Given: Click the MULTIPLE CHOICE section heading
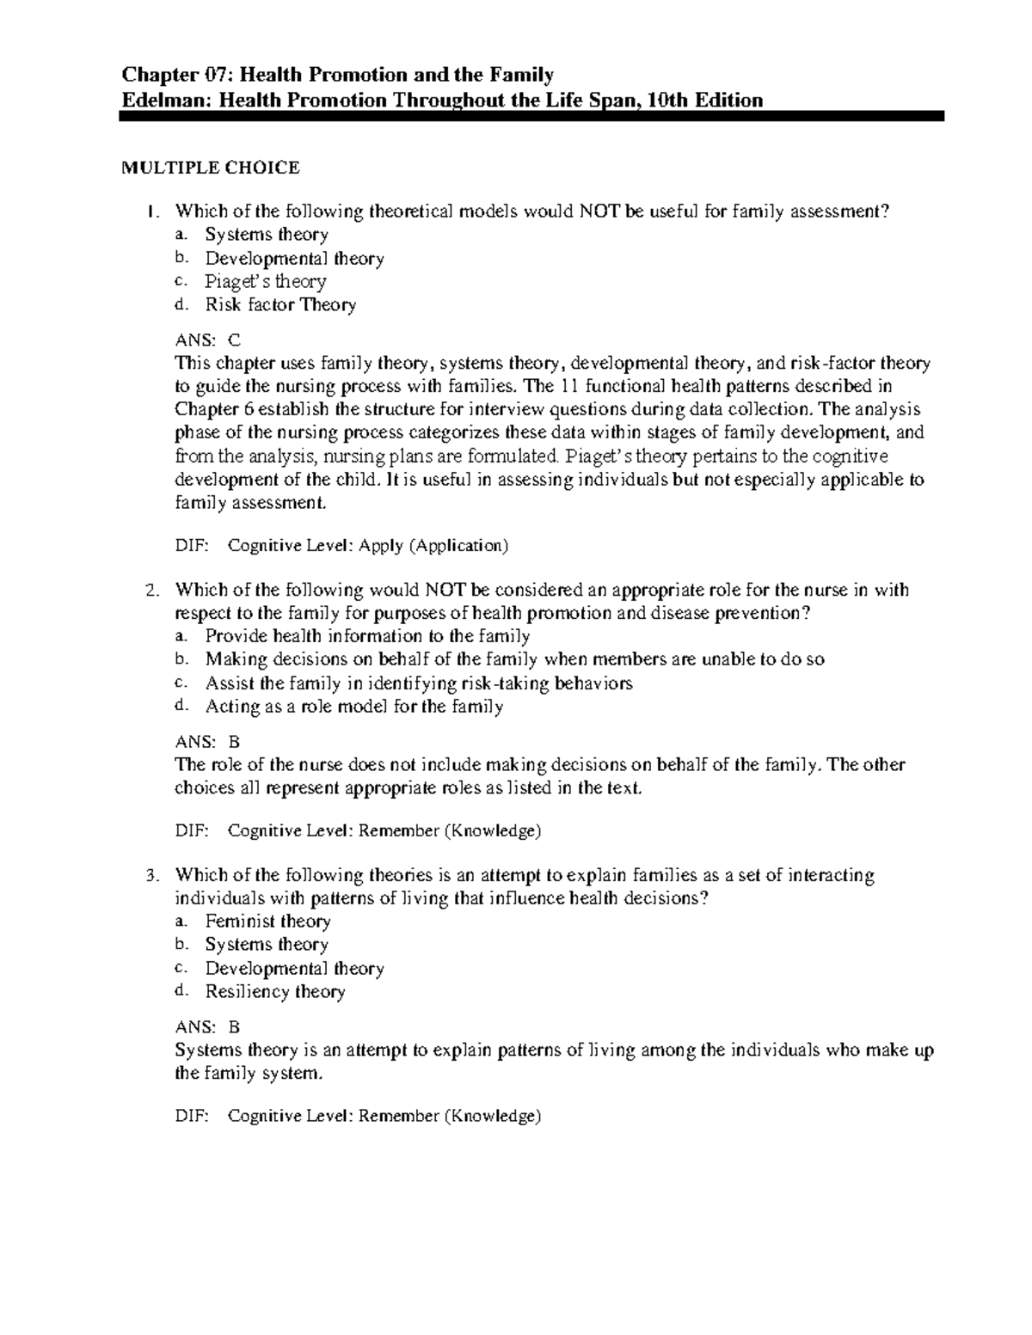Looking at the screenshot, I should click(x=210, y=168).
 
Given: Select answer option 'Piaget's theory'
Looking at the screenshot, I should click(x=265, y=281).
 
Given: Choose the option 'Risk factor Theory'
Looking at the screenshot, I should click(x=280, y=304).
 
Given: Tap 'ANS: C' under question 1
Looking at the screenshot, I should click(x=209, y=340).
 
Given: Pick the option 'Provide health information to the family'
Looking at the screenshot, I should click(x=367, y=636).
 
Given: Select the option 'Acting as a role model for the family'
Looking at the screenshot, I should click(x=353, y=707).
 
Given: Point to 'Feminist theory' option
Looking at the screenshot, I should click(x=267, y=922).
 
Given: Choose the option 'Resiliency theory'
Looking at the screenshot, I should click(x=275, y=992).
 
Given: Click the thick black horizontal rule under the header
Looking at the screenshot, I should click(x=531, y=116).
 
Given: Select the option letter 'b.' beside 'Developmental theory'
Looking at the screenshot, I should click(x=180, y=258).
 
